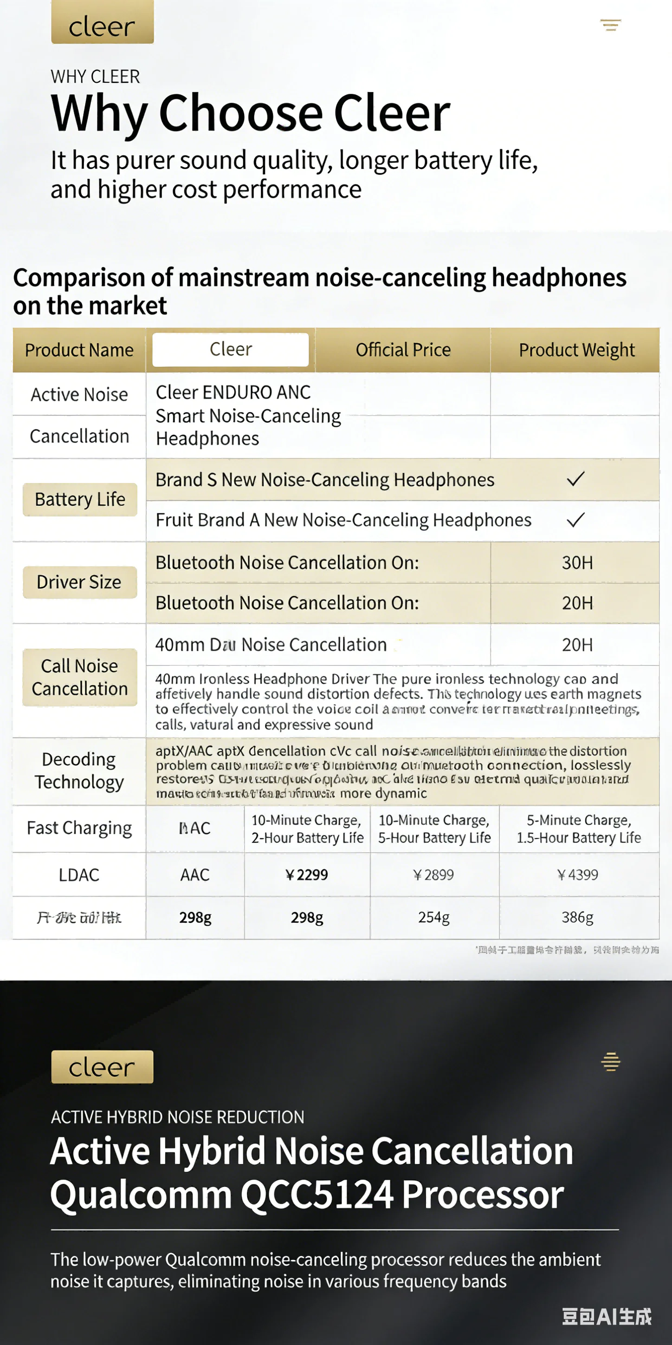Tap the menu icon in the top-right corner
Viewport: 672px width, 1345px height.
pyautogui.click(x=610, y=25)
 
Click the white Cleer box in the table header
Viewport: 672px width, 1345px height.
pyautogui.click(x=231, y=349)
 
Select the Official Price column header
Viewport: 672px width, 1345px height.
pyautogui.click(x=403, y=350)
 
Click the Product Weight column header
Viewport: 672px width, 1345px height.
pyautogui.click(x=576, y=350)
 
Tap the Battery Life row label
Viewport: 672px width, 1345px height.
pyautogui.click(x=80, y=499)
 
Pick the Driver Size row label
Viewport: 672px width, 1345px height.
pyautogui.click(x=79, y=581)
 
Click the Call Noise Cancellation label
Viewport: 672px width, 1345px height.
pyautogui.click(x=80, y=677)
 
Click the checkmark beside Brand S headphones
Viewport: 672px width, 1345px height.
pyautogui.click(x=575, y=479)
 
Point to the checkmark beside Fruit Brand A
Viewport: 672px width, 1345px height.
pyautogui.click(x=575, y=520)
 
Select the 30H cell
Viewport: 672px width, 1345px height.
pyautogui.click(x=577, y=562)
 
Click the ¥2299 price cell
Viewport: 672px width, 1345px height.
pyautogui.click(x=307, y=875)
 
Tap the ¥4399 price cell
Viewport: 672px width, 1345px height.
pyautogui.click(x=578, y=875)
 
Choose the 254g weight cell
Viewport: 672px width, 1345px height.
pyautogui.click(x=433, y=917)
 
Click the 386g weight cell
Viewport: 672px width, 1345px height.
pyautogui.click(x=578, y=917)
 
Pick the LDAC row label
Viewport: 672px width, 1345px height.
pyautogui.click(x=79, y=875)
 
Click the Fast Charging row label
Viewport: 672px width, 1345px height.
pyautogui.click(x=79, y=828)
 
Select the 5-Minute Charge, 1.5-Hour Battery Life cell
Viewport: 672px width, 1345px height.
pyautogui.click(x=579, y=829)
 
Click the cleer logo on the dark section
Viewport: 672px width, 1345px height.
pyautogui.click(x=102, y=1067)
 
